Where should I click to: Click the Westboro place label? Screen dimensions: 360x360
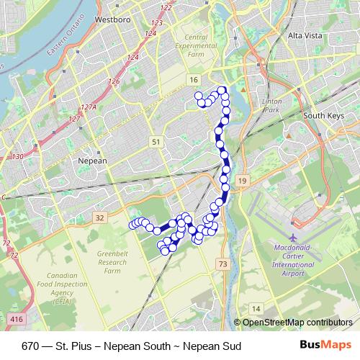pyautogui.click(x=112, y=19)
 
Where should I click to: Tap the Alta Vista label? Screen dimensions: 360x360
pyautogui.click(x=305, y=35)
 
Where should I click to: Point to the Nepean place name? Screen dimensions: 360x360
pyautogui.click(x=91, y=161)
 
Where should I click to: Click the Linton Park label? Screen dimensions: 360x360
pyautogui.click(x=271, y=106)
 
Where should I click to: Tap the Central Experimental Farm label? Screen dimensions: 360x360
pyautogui.click(x=196, y=47)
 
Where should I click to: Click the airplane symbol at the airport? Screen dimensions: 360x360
pyautogui.click(x=292, y=238)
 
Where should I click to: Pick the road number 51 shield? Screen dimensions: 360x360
pyautogui.click(x=156, y=143)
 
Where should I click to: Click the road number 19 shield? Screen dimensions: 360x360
pyautogui.click(x=243, y=180)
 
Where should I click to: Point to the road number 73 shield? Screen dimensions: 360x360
pyautogui.click(x=222, y=265)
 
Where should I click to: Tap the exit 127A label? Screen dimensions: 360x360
pyautogui.click(x=89, y=107)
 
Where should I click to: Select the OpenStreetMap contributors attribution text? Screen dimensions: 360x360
pyautogui.click(x=297, y=322)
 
